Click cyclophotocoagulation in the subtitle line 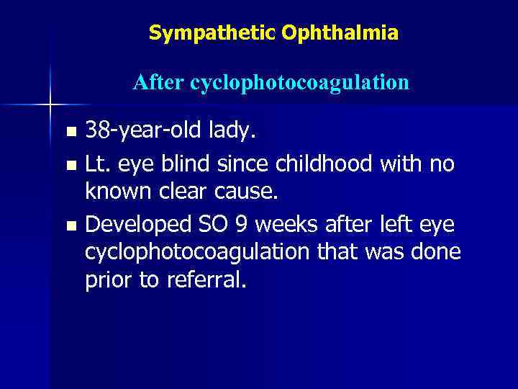pyautogui.click(x=299, y=83)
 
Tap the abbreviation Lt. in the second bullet pyautogui.click(x=99, y=164)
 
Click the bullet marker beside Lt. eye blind pyautogui.click(x=70, y=166)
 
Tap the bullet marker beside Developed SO pyautogui.click(x=70, y=226)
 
